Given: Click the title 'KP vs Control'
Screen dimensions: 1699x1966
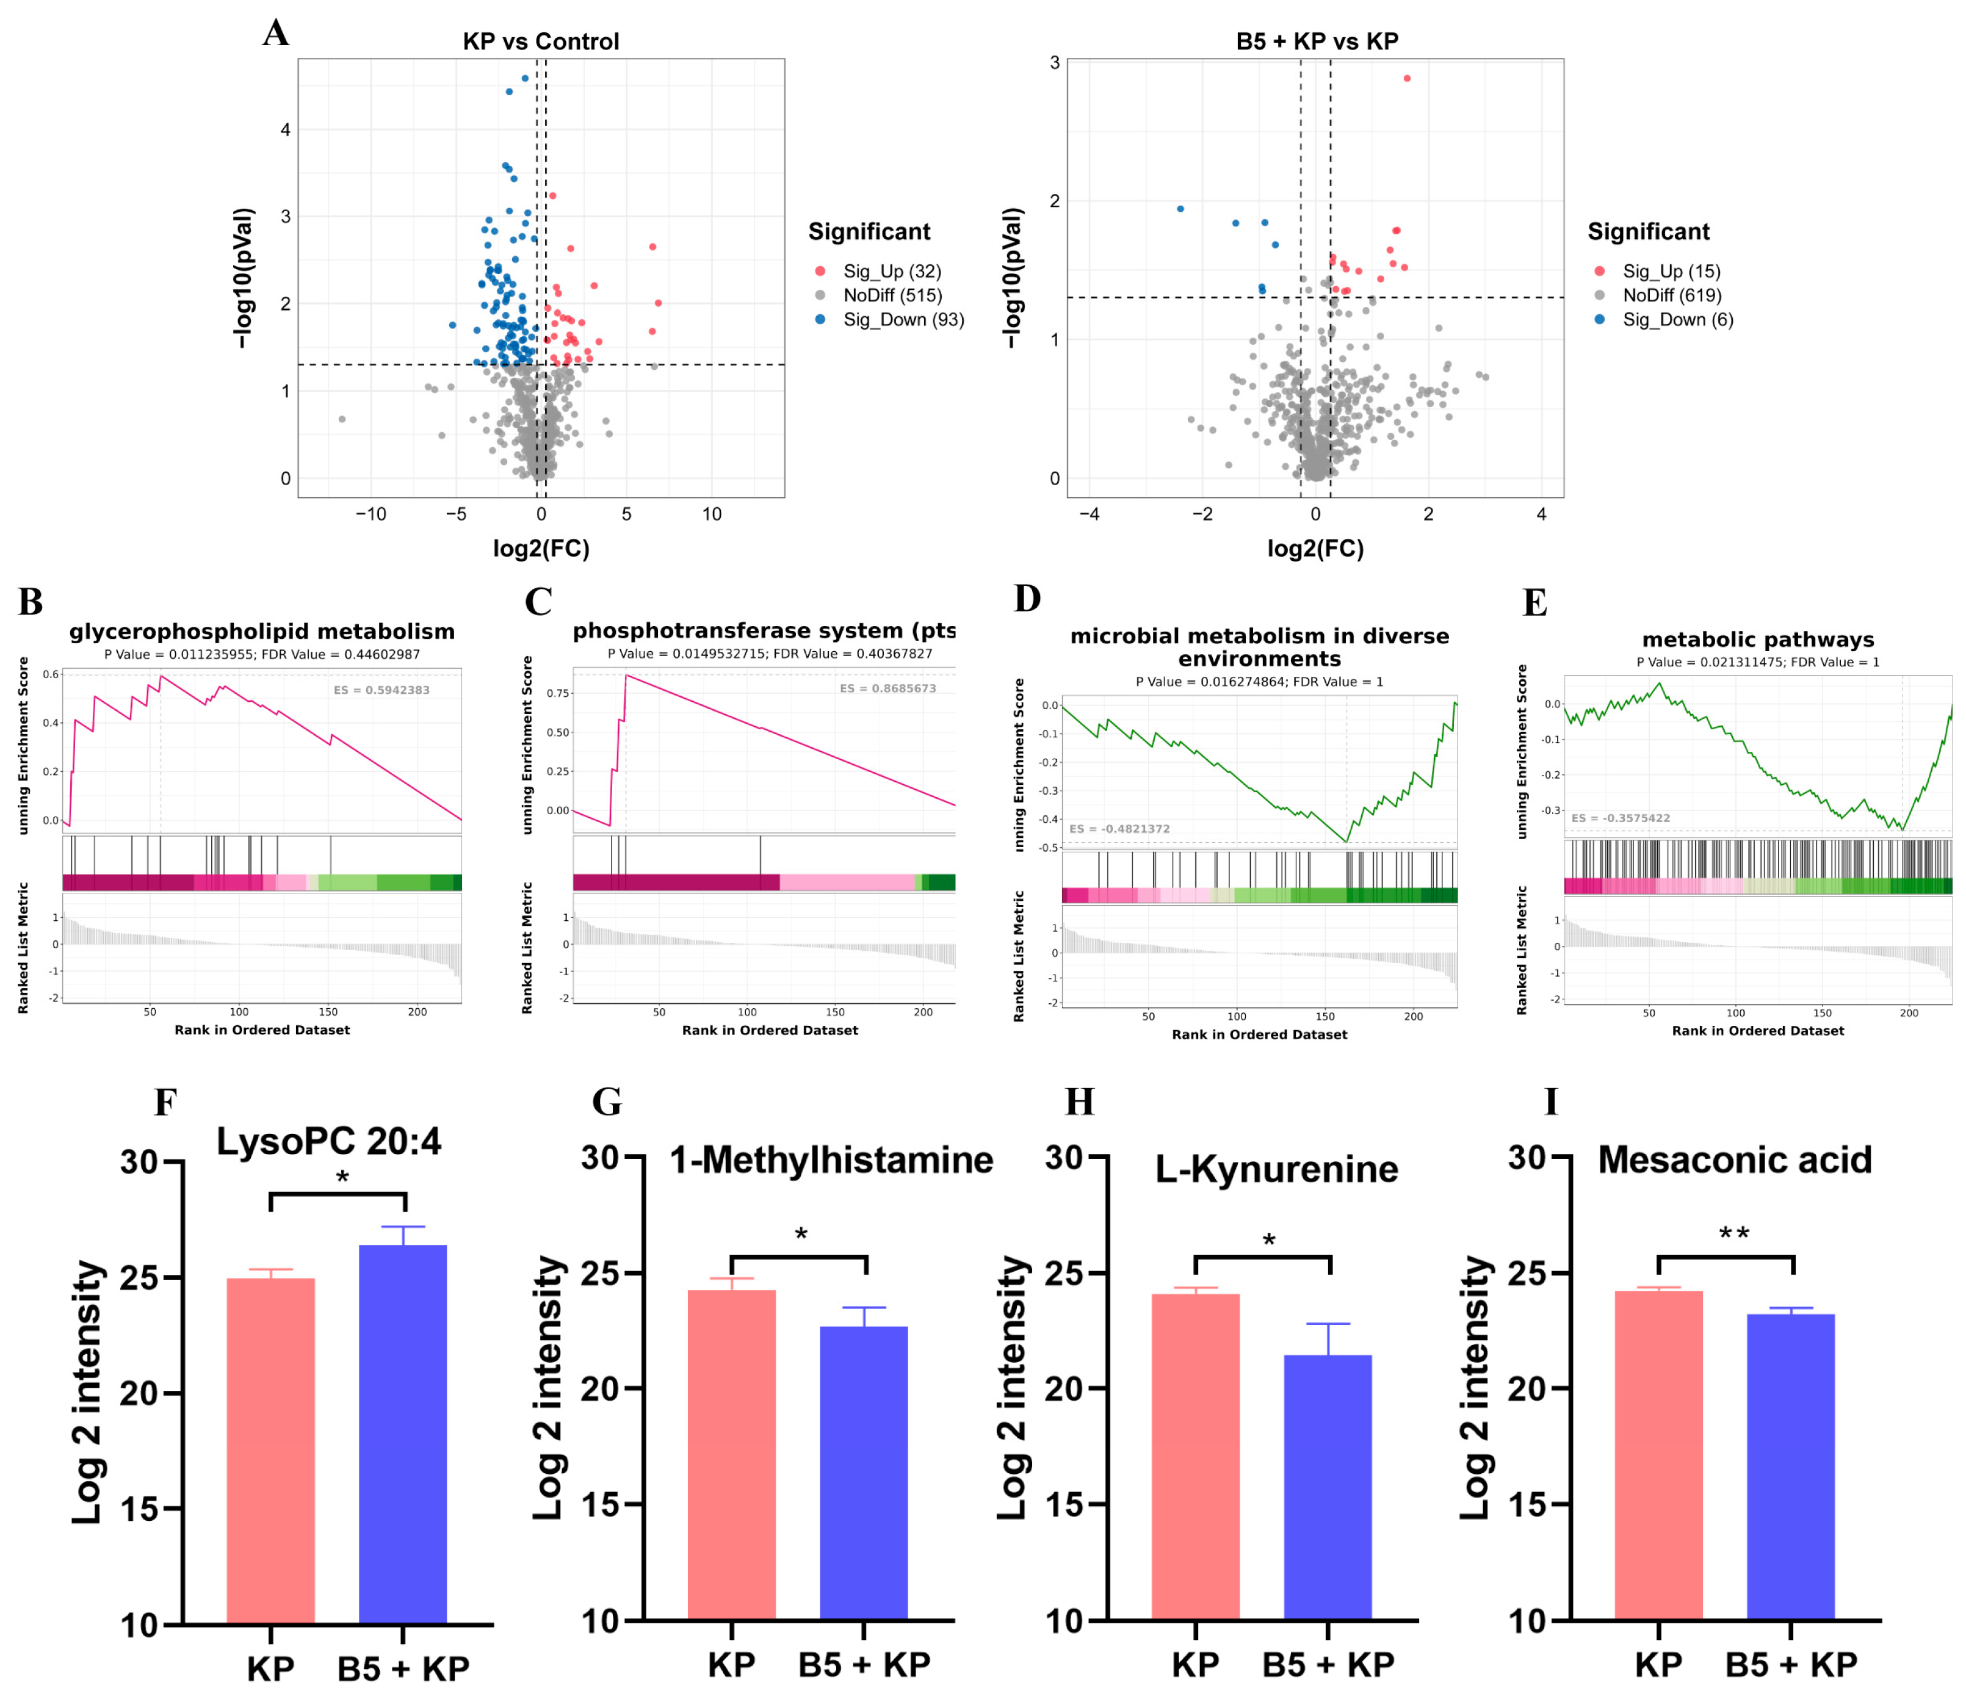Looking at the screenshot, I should click(540, 41).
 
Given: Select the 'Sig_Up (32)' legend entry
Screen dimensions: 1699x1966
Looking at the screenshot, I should click(891, 272).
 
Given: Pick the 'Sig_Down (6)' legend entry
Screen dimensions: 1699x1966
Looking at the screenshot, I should click(1677, 320).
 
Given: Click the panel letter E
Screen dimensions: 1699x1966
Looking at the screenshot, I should click(1534, 604).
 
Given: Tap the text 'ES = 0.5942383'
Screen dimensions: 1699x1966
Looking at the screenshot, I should click(381, 690).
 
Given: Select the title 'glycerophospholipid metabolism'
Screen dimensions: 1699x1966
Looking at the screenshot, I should click(262, 632).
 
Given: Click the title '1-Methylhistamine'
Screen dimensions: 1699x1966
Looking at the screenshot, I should click(831, 1160).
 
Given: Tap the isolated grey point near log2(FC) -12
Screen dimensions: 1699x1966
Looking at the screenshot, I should click(342, 419).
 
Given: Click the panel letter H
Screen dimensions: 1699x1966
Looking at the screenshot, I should click(1079, 1102).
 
